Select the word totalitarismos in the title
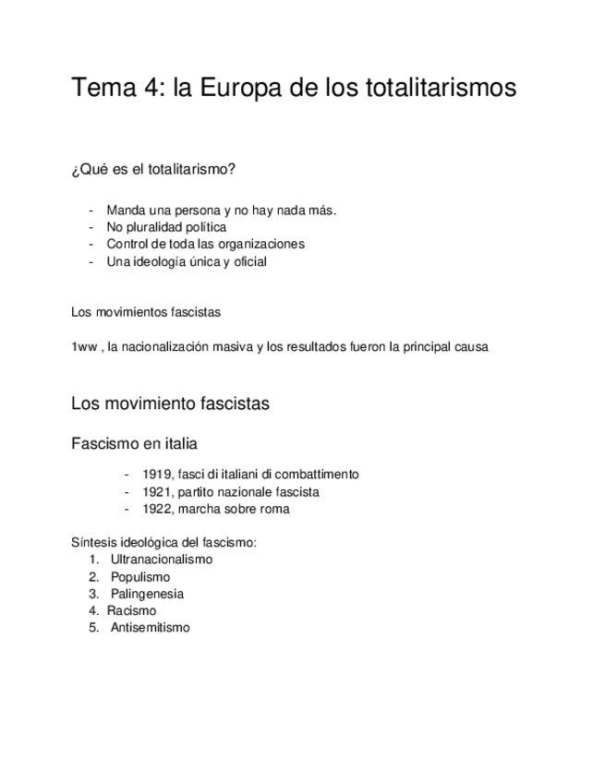[x=437, y=90]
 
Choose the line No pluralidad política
[x=166, y=227]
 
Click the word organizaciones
[x=261, y=245]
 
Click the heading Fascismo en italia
[x=134, y=444]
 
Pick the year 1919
[x=157, y=475]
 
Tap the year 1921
[x=157, y=492]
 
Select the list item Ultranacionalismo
[x=161, y=560]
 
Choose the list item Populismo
[x=140, y=577]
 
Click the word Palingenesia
[x=147, y=594]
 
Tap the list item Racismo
[x=132, y=611]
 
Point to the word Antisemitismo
[x=150, y=628]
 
